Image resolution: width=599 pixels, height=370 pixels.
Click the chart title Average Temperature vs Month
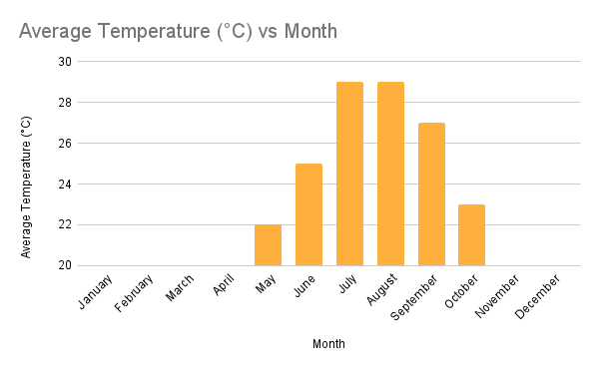coord(178,31)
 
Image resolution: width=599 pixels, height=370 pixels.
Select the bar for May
coord(268,245)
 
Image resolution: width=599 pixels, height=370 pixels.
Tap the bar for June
coord(308,214)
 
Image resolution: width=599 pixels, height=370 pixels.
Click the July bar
coord(349,174)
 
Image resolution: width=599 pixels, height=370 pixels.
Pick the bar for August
coord(390,174)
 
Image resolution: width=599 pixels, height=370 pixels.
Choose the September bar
coord(431,194)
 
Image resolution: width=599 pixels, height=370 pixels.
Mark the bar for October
coord(471,235)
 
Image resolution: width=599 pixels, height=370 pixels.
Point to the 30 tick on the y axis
coord(64,62)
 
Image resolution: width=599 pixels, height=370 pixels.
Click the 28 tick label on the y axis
coord(64,103)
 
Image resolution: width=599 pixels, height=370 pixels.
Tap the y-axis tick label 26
coord(64,144)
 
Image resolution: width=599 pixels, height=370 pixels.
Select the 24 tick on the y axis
coord(64,185)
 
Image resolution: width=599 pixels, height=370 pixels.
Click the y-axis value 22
coord(64,225)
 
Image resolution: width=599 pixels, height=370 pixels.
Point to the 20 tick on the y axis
coord(64,266)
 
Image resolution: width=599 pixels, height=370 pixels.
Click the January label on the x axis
coord(97,291)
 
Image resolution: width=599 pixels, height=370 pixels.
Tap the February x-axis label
coord(134,294)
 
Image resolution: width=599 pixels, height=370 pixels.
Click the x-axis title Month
coord(328,344)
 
